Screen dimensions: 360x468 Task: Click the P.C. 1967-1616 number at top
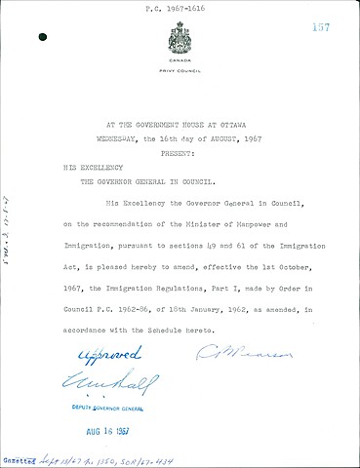[x=180, y=8]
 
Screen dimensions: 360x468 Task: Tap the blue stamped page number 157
[x=321, y=28]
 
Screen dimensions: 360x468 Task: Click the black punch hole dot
[x=41, y=37]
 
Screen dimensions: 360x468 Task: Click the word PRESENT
[x=180, y=152]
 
